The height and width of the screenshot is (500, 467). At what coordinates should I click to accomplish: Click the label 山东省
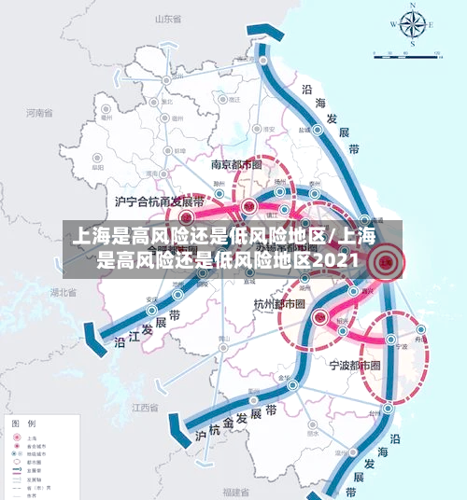point(166,18)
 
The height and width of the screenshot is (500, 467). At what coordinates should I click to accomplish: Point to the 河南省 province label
point(40,114)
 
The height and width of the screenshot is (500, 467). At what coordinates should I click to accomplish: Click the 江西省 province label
point(145,408)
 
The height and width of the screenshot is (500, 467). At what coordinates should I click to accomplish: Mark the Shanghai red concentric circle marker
point(385,263)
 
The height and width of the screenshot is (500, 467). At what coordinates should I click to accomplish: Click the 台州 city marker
point(375,408)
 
